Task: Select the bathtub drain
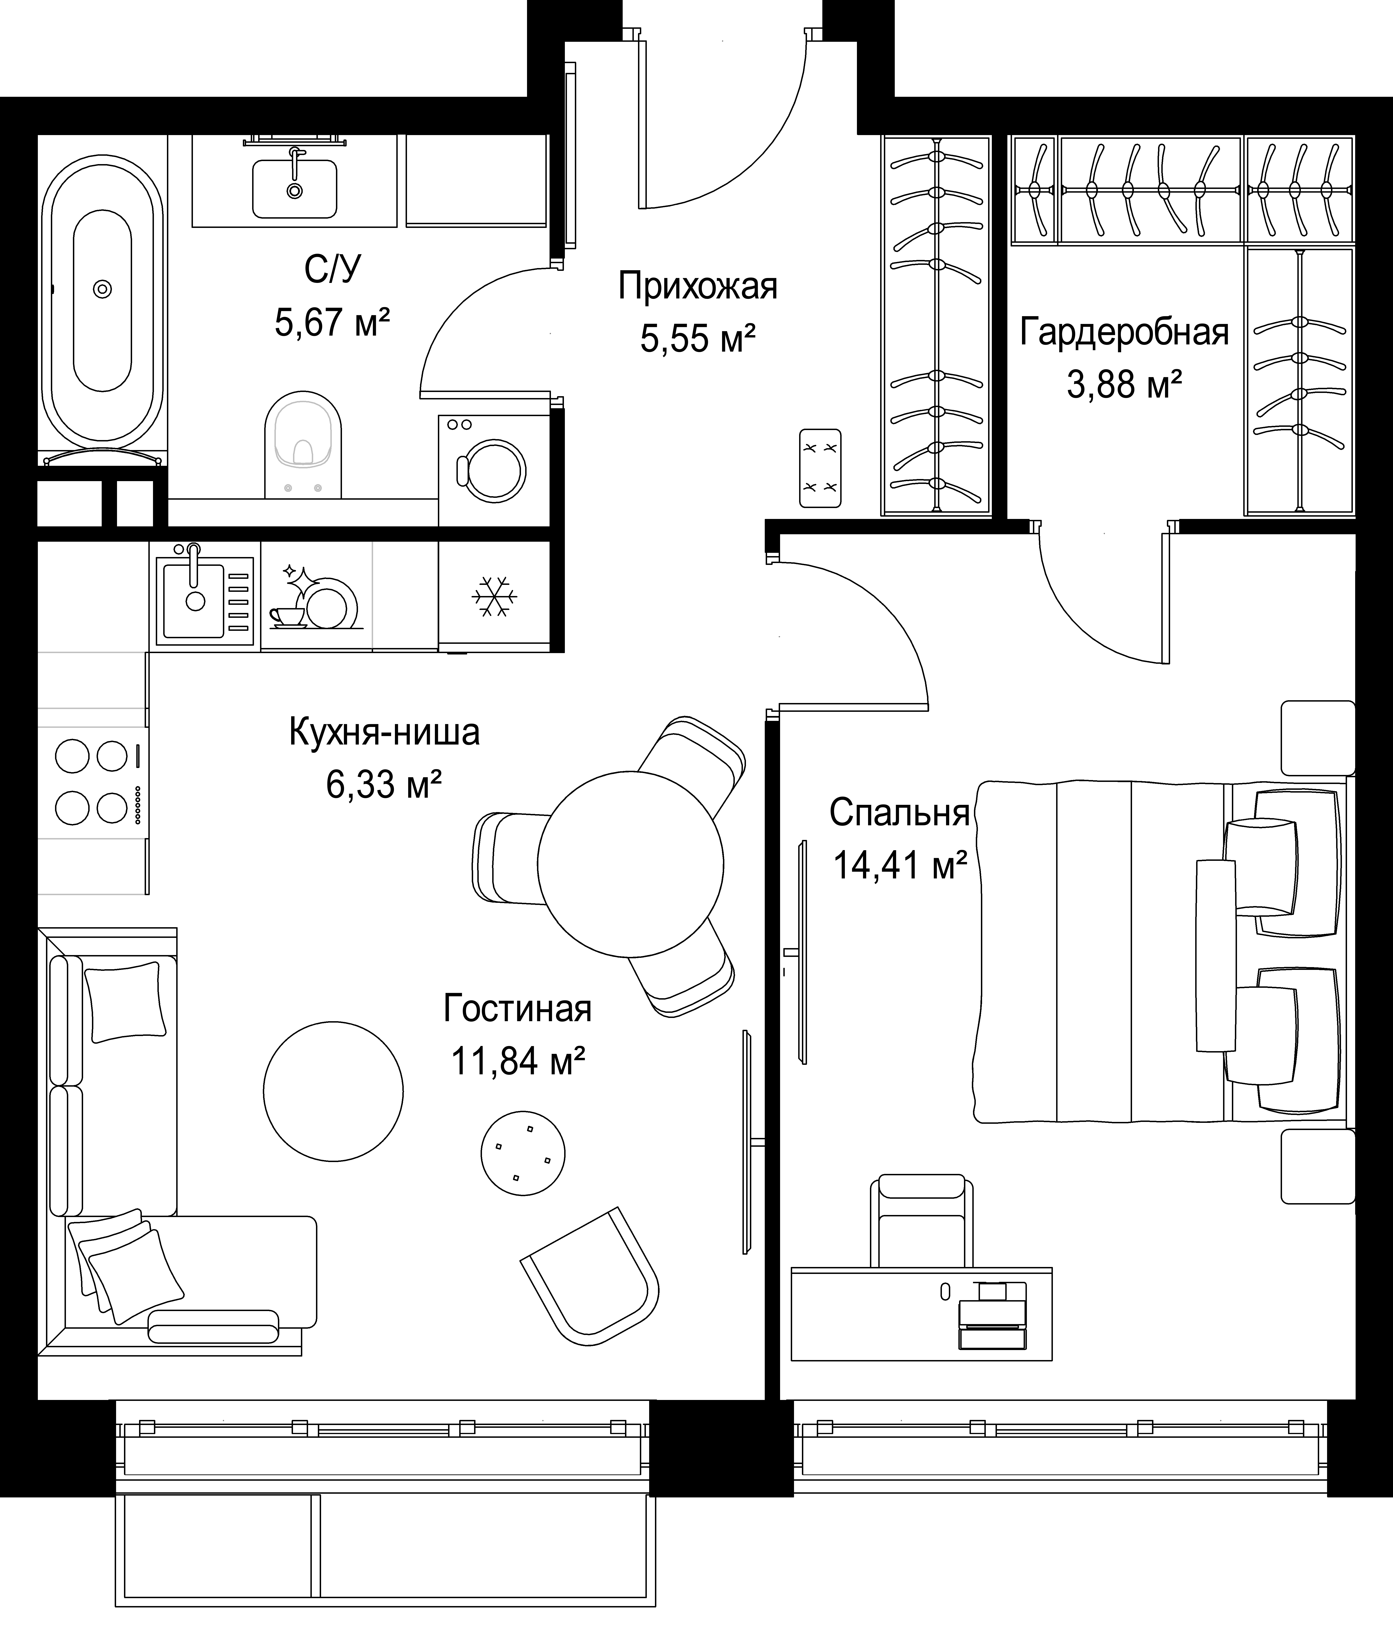[x=102, y=289]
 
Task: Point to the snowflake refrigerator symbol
[x=494, y=597]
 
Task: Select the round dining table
[x=630, y=864]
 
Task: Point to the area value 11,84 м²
[x=518, y=1060]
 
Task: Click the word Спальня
[x=899, y=812]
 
